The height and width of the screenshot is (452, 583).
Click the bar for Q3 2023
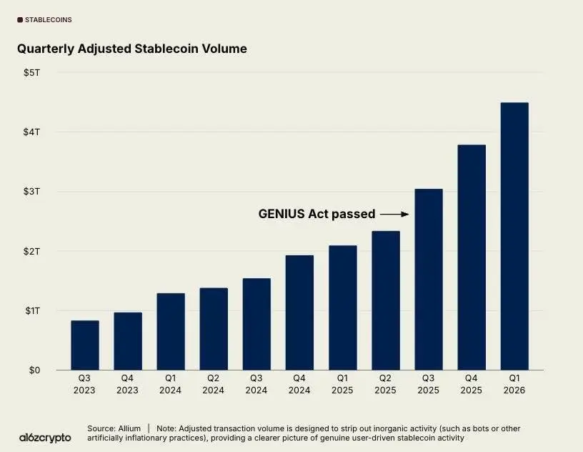point(85,345)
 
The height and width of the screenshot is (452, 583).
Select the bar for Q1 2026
point(514,236)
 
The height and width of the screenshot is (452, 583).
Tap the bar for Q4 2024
point(299,313)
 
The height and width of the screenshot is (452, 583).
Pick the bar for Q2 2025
point(386,300)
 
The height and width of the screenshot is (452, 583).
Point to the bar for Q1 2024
point(171,331)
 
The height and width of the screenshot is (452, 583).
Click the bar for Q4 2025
point(472,257)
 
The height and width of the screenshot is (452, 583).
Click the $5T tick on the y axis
point(31,72)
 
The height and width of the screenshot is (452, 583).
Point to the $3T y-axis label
point(31,192)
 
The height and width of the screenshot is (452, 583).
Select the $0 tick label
point(34,370)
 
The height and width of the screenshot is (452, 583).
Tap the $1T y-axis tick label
point(31,311)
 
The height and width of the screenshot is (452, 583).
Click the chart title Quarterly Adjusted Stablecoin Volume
point(132,49)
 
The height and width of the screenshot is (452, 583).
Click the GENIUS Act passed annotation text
point(317,214)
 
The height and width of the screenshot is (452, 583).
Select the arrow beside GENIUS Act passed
point(394,214)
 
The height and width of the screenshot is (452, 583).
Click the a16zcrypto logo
point(45,437)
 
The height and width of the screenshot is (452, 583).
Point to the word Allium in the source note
point(129,428)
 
